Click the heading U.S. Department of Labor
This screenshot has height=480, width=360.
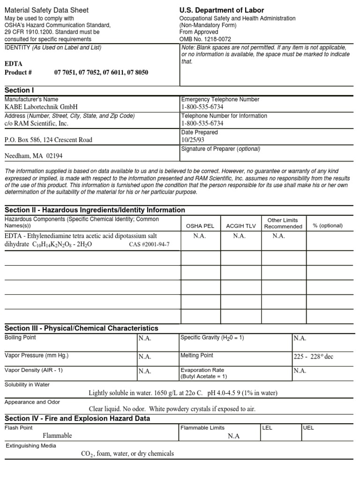pos(221,10)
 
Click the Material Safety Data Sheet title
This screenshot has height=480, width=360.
pos(46,10)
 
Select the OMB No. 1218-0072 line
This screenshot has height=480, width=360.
pos(205,39)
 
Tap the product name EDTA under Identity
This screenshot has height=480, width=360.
pos(13,64)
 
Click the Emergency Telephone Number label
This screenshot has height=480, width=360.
pos(220,99)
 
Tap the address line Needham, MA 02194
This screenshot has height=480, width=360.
pos(33,156)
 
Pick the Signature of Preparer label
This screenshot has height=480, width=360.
pos(220,149)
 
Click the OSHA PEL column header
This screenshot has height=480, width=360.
pos(200,226)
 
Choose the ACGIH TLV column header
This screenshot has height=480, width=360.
pos(241,226)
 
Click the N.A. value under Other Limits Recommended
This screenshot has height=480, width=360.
pos(279,236)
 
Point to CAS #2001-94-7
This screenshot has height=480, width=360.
pos(149,244)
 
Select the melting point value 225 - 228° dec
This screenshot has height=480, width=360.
pos(313,357)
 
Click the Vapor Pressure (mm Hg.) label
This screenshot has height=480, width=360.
pos(37,356)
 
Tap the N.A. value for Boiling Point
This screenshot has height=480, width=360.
pos(145,338)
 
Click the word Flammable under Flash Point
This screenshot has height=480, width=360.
pos(57,435)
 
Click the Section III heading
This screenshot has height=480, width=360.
pos(81,328)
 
